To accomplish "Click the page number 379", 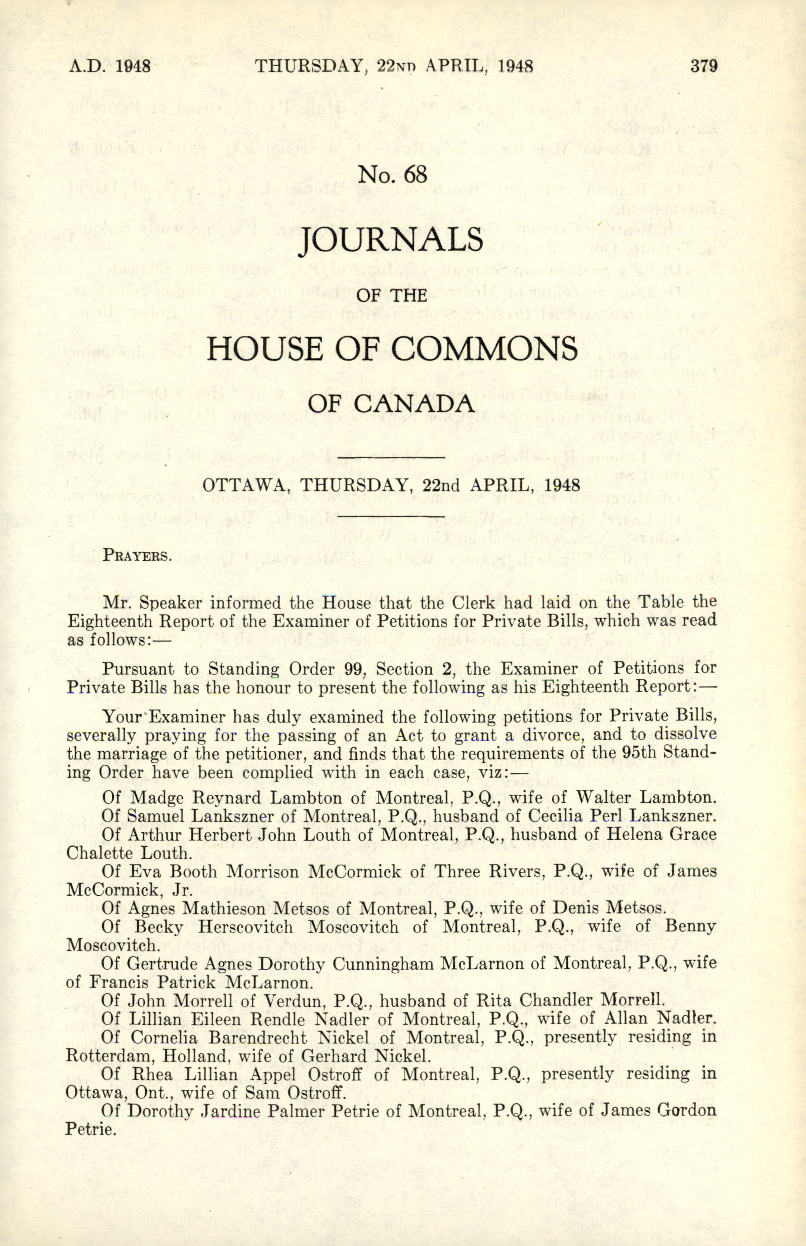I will click(x=703, y=67).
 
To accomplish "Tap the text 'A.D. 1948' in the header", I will click(x=110, y=67).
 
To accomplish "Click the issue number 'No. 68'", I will click(x=392, y=174).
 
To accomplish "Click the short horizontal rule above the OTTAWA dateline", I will click(x=391, y=458).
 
